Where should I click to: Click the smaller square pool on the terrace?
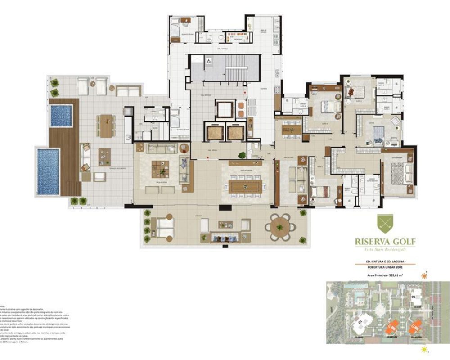pyautogui.click(x=61, y=116)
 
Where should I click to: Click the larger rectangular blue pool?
pyautogui.click(x=48, y=171)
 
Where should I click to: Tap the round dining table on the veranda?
pyautogui.click(x=280, y=227)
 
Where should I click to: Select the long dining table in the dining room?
pyautogui.click(x=245, y=186)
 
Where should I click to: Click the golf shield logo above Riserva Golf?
pyautogui.click(x=385, y=225)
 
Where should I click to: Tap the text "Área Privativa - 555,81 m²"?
pyautogui.click(x=385, y=274)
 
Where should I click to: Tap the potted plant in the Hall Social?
pyautogui.click(x=242, y=156)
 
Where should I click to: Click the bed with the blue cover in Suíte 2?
pyautogui.click(x=378, y=133)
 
